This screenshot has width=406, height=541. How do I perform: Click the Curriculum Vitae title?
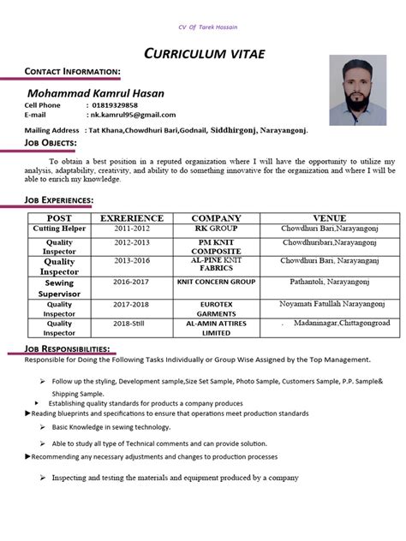[204, 54]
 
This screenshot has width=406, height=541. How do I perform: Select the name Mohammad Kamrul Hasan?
[95, 92]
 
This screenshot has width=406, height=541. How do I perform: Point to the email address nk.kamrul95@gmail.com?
[133, 115]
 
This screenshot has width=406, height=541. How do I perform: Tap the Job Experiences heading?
[58, 199]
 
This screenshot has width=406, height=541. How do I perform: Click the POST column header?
[59, 218]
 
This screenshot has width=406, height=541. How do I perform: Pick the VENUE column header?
[329, 218]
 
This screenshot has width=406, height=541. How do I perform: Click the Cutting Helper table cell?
[59, 229]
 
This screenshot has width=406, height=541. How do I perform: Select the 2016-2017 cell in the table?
[131, 281]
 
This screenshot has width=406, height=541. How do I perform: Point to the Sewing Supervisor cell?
[59, 288]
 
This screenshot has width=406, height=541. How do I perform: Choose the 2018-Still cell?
[131, 324]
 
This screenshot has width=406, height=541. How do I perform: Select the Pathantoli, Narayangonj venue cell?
[330, 281]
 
